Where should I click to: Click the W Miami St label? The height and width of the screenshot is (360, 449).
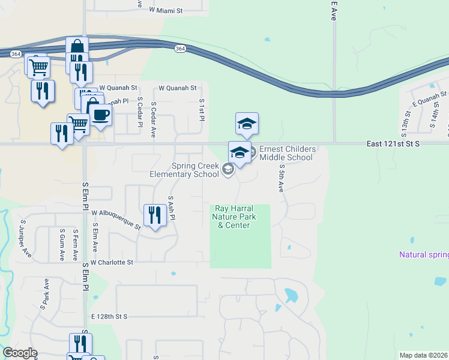pyautogui.click(x=165, y=11)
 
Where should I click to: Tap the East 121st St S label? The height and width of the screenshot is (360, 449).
pyautogui.click(x=394, y=145)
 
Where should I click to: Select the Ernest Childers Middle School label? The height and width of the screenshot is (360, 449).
pyautogui.click(x=286, y=154)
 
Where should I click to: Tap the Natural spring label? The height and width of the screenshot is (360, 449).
pyautogui.click(x=424, y=255)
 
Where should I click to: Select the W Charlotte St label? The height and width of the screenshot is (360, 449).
pyautogui.click(x=112, y=262)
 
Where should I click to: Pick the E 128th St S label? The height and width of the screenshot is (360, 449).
pyautogui.click(x=110, y=316)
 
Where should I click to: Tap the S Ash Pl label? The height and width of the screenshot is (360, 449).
pyautogui.click(x=171, y=208)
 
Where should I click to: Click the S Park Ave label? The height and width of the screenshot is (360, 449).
pyautogui.click(x=44, y=293)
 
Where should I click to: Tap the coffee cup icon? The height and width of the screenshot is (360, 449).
pyautogui.click(x=100, y=114)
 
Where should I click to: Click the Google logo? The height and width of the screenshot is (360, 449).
pyautogui.click(x=20, y=353)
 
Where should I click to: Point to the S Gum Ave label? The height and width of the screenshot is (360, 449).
pyautogui.click(x=62, y=244)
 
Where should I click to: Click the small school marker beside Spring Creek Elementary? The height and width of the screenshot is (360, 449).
pyautogui.click(x=228, y=170)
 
